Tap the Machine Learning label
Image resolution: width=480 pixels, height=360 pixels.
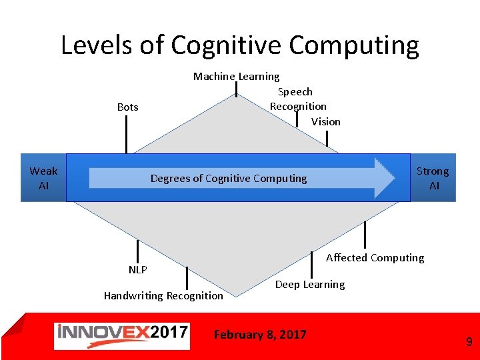click(x=236, y=77)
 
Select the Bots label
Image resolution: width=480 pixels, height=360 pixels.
click(x=127, y=107)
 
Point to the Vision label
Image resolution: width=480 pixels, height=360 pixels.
click(x=325, y=121)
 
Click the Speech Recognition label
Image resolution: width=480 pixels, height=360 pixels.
click(x=297, y=99)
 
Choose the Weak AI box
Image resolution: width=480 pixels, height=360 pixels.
click(x=43, y=178)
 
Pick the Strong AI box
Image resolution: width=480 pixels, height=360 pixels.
click(x=433, y=178)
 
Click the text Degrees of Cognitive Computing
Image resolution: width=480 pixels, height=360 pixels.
click(x=229, y=178)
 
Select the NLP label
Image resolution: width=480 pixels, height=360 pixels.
click(x=137, y=269)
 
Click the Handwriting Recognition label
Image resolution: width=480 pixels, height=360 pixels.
click(x=163, y=295)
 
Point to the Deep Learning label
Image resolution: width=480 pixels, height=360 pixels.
click(x=310, y=284)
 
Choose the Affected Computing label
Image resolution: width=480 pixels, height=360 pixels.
click(x=375, y=257)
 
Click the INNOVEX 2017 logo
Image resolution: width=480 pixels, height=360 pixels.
click(x=121, y=335)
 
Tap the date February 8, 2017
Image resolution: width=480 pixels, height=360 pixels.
click(x=260, y=334)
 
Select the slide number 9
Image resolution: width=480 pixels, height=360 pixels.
click(x=469, y=342)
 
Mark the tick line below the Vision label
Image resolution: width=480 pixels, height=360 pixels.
click(x=327, y=138)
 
